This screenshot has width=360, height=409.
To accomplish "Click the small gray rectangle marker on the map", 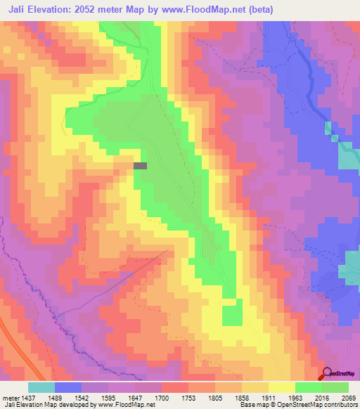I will [x=141, y=166].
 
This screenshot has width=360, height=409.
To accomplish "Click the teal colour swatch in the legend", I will [x=41, y=387].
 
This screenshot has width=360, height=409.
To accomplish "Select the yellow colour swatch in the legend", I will [x=282, y=387].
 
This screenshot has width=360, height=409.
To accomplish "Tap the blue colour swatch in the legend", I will [x=68, y=387].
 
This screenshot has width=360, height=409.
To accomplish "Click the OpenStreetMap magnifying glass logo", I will [x=327, y=373].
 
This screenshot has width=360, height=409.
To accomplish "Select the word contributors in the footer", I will [x=341, y=405].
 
